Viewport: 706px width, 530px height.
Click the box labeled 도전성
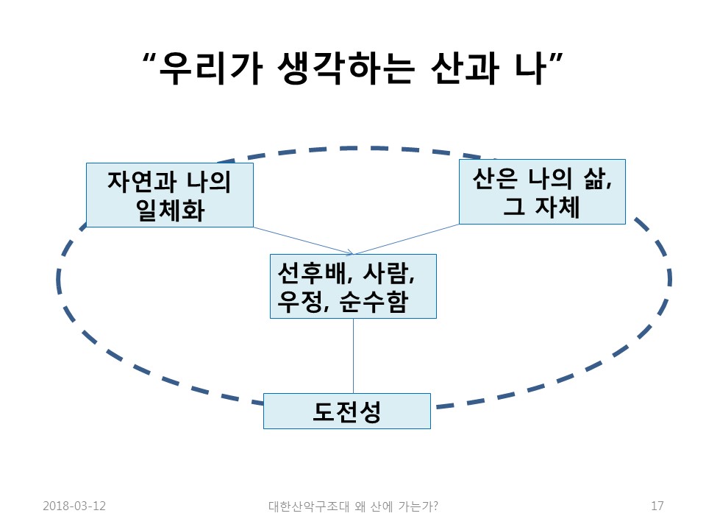click(x=347, y=411)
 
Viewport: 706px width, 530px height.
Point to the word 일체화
click(x=170, y=210)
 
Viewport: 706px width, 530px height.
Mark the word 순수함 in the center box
click(x=374, y=302)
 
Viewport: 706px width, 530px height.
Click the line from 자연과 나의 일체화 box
click(x=302, y=240)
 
